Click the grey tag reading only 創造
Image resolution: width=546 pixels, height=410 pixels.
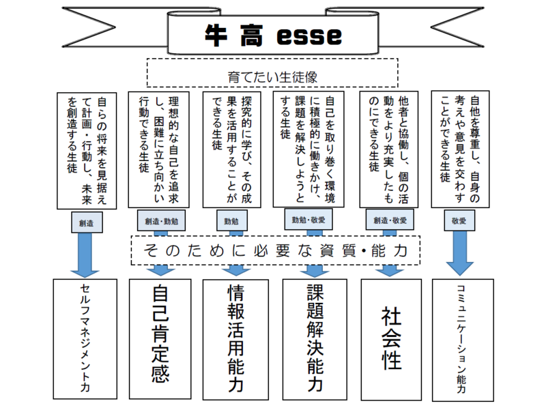click(x=87, y=222)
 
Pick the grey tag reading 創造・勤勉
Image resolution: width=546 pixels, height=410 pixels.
click(x=161, y=222)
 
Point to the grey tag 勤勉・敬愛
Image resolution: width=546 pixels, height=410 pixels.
click(x=308, y=220)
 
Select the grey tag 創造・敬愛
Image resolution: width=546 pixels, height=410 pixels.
click(x=390, y=220)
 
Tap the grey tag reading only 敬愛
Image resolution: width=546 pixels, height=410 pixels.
click(x=459, y=222)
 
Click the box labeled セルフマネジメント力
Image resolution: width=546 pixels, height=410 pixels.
click(x=85, y=339)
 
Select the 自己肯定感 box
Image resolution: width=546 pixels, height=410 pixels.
click(x=160, y=339)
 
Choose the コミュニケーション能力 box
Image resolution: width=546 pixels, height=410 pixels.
click(x=461, y=339)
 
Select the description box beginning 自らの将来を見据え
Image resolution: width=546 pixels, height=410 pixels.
click(x=86, y=150)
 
